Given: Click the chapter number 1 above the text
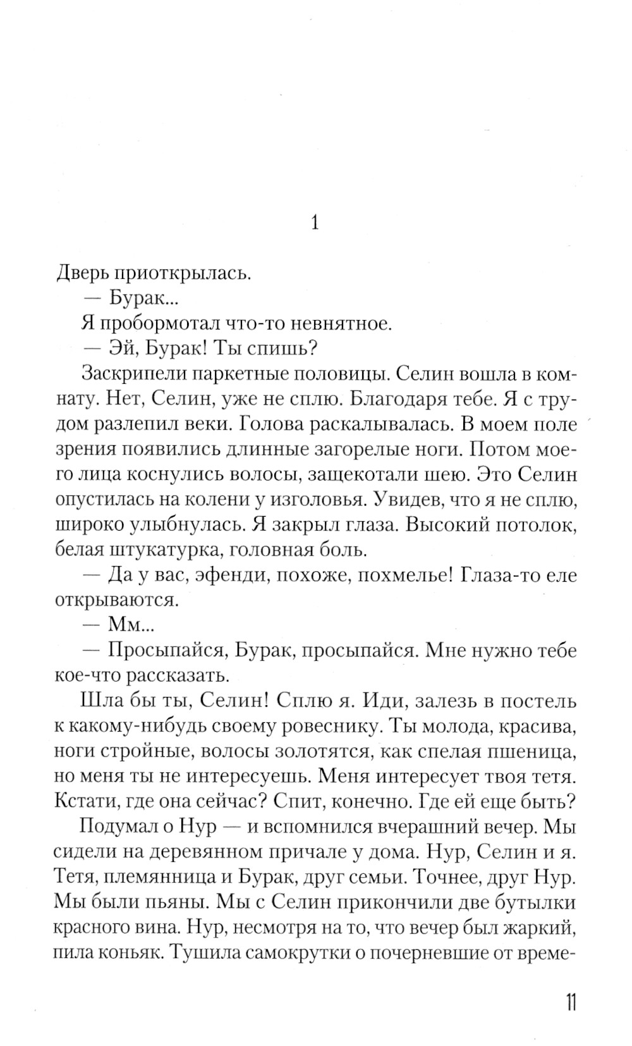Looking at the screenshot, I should [x=315, y=223].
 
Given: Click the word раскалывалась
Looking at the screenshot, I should [x=380, y=424].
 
